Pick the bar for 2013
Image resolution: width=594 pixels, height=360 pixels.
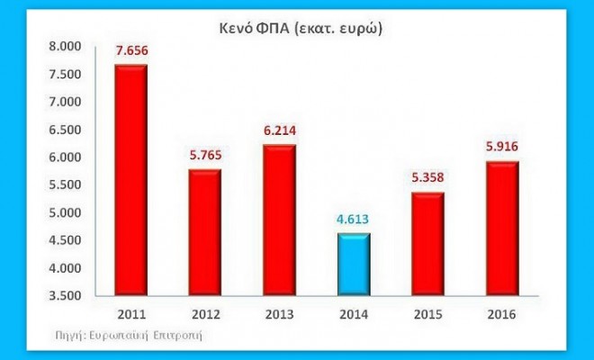(x=279, y=220)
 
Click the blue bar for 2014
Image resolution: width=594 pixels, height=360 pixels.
(x=355, y=264)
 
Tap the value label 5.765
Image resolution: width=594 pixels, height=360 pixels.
(x=205, y=157)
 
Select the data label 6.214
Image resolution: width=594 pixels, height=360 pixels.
(x=280, y=131)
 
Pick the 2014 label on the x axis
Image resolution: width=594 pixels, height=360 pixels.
(x=355, y=313)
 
